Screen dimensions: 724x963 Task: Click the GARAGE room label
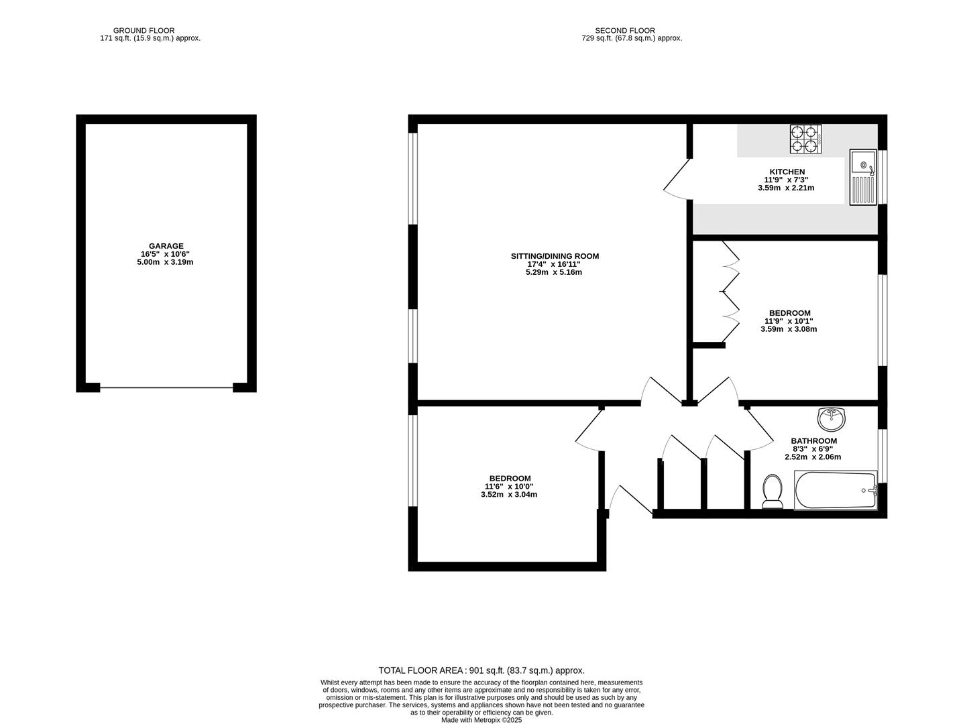click(166, 246)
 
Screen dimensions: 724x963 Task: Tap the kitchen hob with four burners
click(805, 139)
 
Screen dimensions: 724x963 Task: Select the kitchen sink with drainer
click(862, 177)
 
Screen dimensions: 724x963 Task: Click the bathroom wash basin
click(832, 419)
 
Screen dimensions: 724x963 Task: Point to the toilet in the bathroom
click(773, 491)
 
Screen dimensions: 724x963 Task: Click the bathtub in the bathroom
click(836, 490)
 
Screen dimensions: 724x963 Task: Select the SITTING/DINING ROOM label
click(555, 256)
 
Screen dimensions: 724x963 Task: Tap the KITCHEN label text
click(787, 172)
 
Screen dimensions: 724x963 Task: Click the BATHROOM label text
click(813, 441)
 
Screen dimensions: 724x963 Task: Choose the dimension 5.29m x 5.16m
click(553, 272)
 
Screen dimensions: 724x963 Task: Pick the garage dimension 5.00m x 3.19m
click(165, 262)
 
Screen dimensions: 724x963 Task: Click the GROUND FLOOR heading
click(144, 30)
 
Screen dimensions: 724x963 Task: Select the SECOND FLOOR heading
click(624, 30)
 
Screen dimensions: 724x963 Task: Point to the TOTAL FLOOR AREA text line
click(481, 670)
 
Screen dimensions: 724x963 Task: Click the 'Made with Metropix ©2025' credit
click(481, 720)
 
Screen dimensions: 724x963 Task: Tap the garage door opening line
click(166, 387)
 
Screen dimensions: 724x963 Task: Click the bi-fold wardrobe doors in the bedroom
click(729, 292)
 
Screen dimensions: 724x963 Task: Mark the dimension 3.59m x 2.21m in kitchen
click(786, 188)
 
